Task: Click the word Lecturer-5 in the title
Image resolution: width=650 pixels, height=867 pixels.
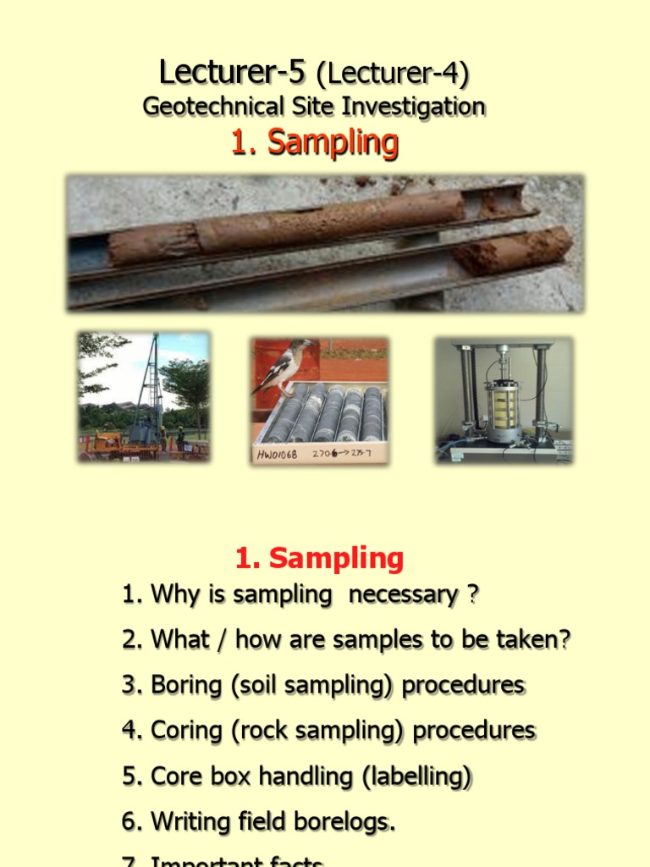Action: click(231, 74)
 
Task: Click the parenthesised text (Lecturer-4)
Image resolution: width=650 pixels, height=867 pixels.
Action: click(392, 75)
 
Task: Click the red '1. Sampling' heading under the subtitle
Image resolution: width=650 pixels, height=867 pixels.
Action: click(314, 142)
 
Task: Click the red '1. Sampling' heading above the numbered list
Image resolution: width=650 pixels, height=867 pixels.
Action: click(319, 558)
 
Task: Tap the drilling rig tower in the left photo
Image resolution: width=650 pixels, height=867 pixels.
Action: click(149, 381)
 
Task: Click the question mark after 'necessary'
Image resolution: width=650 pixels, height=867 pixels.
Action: click(472, 595)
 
